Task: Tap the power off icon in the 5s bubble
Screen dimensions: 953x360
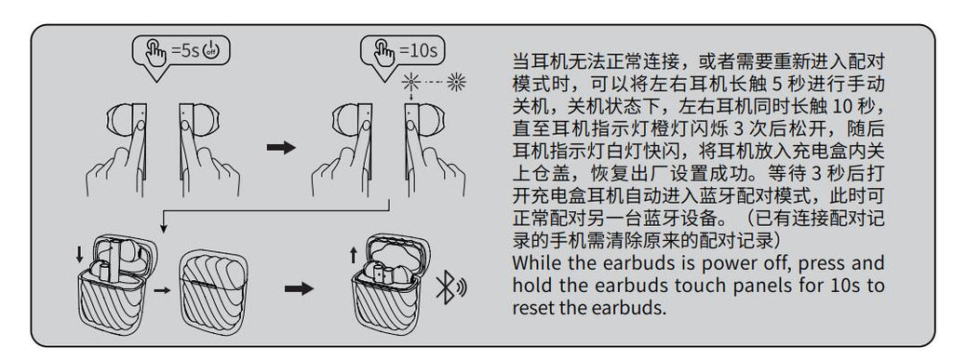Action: point(210,50)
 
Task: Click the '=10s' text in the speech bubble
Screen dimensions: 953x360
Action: point(418,50)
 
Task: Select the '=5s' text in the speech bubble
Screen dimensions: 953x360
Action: point(184,50)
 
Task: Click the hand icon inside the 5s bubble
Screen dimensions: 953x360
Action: point(155,51)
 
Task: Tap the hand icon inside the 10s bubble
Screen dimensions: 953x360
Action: point(383,51)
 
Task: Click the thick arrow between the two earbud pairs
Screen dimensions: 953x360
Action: point(281,148)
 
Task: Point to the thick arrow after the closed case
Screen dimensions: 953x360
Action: point(299,288)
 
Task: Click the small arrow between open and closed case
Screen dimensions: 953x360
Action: point(162,291)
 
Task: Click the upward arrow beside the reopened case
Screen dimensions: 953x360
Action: point(354,255)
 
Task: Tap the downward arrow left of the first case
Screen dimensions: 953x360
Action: point(80,254)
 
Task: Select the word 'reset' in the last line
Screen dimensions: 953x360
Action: point(533,308)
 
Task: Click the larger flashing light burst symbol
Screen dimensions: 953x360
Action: point(456,82)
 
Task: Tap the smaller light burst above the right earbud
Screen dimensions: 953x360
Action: point(411,81)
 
